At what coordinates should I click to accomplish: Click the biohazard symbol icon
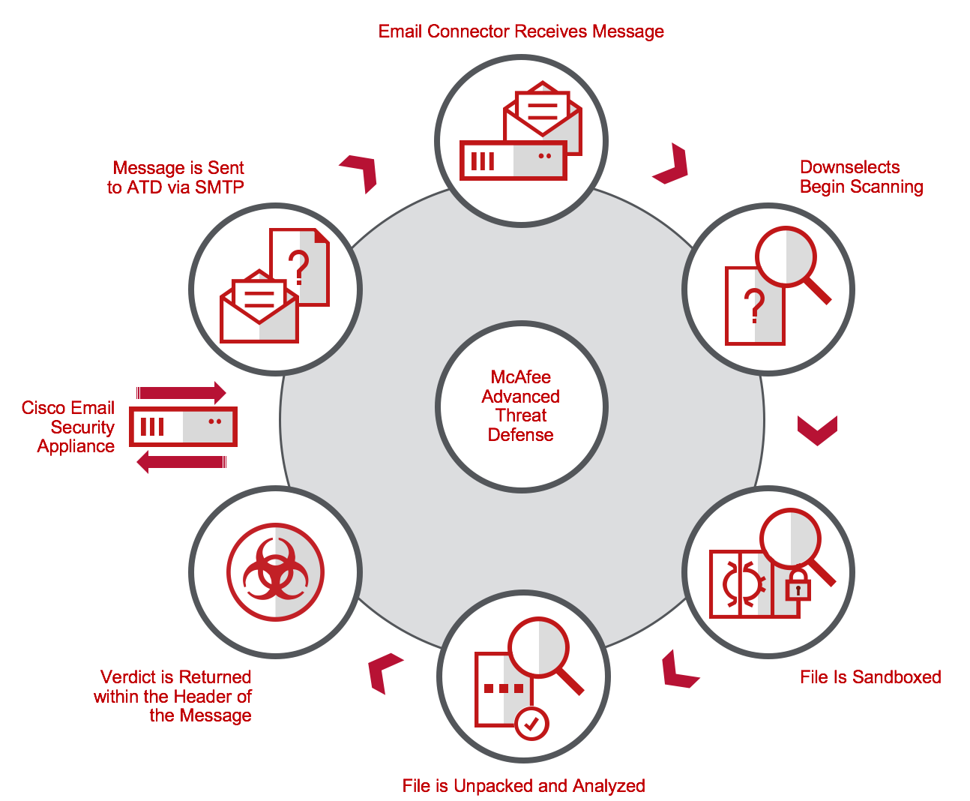point(275,572)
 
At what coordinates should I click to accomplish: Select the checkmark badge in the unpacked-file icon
point(531,724)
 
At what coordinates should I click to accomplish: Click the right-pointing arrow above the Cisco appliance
point(181,392)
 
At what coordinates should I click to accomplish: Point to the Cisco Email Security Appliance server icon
point(183,427)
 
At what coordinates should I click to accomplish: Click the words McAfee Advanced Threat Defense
point(521,406)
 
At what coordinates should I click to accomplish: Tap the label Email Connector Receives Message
point(521,31)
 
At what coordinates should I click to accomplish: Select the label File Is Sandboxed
point(870,677)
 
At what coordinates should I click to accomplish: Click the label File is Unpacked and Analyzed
point(523,786)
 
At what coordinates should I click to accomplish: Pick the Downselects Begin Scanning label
point(861,177)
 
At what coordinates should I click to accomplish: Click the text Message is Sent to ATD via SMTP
point(176,178)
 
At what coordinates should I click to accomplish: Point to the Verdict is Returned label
point(173,696)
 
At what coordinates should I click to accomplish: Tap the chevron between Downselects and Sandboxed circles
point(817,430)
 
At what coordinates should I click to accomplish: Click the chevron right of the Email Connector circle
point(672,164)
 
